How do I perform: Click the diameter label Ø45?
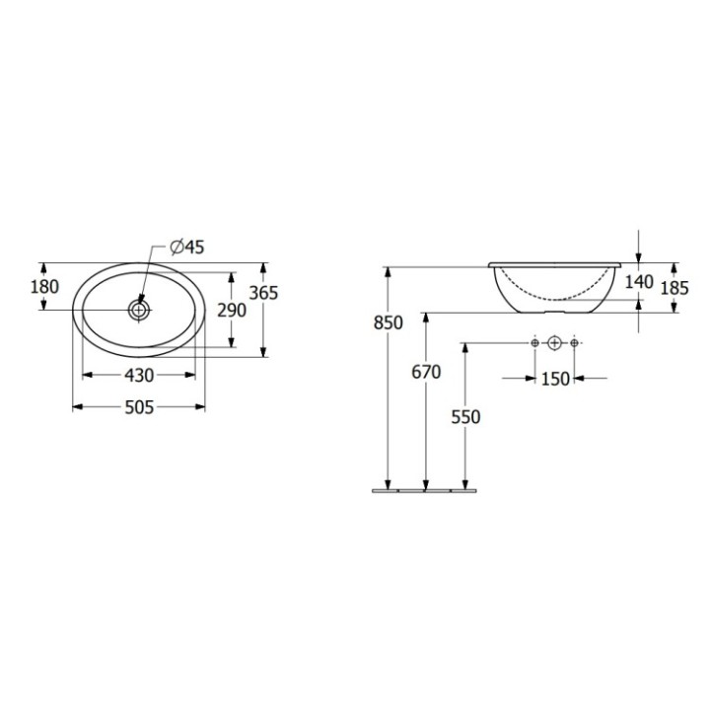(x=186, y=248)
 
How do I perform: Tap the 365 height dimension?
(x=263, y=293)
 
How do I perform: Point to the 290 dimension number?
(x=232, y=309)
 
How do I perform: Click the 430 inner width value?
(x=138, y=376)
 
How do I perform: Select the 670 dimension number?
(x=426, y=371)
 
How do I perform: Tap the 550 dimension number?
(x=465, y=417)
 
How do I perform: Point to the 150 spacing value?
(x=555, y=379)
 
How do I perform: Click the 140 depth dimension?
(x=640, y=281)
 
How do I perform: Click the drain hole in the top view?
(x=139, y=310)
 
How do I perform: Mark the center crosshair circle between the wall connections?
(x=554, y=342)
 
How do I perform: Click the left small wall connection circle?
(x=533, y=342)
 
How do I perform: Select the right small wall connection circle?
(x=575, y=342)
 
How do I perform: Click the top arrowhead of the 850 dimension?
(x=390, y=270)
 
